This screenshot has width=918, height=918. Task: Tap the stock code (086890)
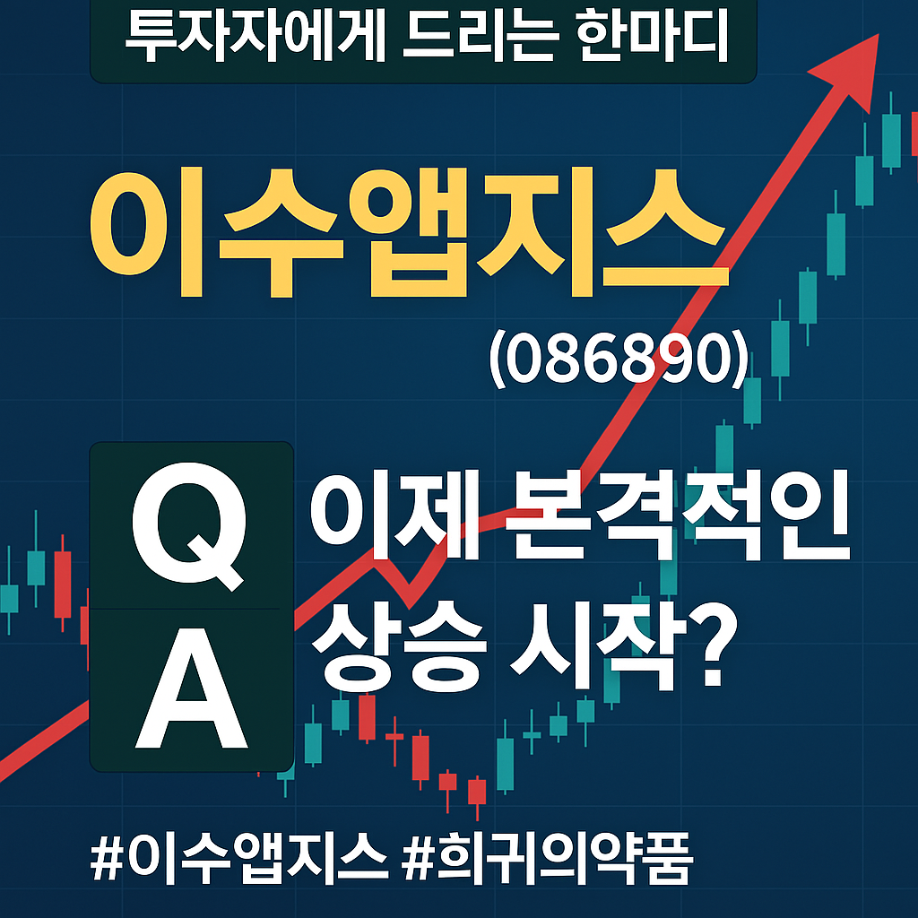pos(619,359)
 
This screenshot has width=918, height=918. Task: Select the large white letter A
pos(192,688)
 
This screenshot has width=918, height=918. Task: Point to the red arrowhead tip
pos(879,35)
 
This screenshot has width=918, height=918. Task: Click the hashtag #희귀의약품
pos(548,859)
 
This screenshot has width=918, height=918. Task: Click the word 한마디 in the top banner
pos(652,36)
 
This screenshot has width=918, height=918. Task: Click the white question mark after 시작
pos(713,647)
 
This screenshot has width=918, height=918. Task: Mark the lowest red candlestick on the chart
pos(477,792)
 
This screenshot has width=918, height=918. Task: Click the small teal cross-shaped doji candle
pos(532,733)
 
